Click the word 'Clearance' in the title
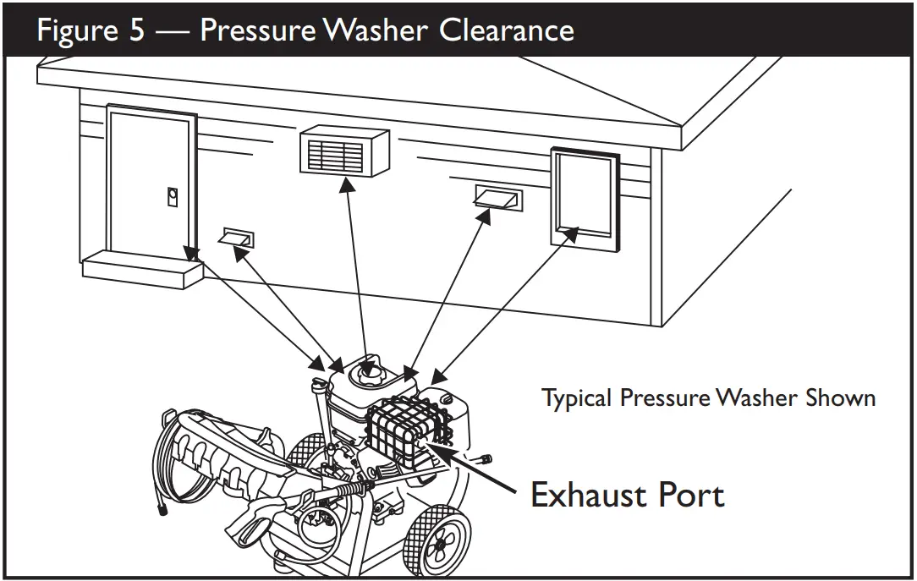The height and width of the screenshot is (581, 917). (x=507, y=30)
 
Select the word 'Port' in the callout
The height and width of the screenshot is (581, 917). (x=692, y=494)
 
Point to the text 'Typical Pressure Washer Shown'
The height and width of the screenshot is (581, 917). (x=708, y=397)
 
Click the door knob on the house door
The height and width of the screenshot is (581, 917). (x=172, y=195)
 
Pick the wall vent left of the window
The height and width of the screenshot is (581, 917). (x=497, y=199)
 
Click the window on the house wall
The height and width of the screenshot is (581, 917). (x=583, y=196)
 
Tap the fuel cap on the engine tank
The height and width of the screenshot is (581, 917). (x=370, y=369)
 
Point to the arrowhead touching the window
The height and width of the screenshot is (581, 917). (x=573, y=231)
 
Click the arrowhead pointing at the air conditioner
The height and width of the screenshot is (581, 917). (x=345, y=184)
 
